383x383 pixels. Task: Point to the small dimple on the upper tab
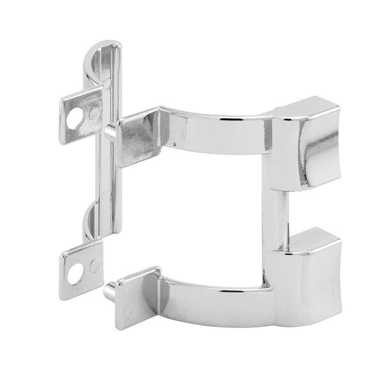pos(94,114)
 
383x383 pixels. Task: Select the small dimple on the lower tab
pos(94,266)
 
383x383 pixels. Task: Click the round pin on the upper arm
pos(110,132)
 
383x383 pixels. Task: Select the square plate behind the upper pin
pos(137,137)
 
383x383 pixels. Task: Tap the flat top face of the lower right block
pos(313,237)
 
